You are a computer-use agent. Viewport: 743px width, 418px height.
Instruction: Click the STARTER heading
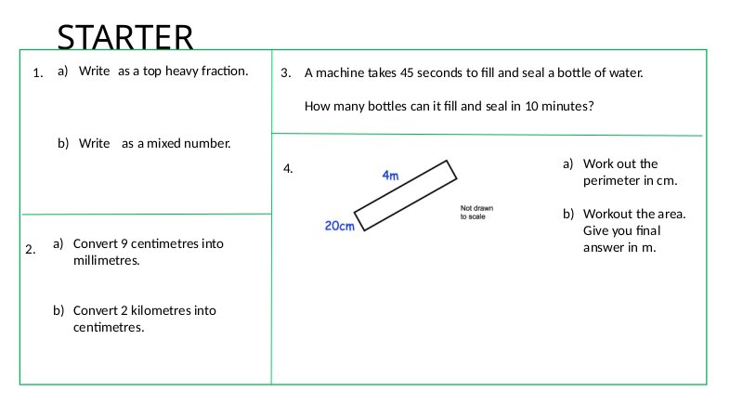click(x=125, y=36)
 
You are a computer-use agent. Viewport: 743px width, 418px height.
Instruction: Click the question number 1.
click(x=37, y=73)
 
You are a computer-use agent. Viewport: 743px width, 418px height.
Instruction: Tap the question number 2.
click(x=31, y=249)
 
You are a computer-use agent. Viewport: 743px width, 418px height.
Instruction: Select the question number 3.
click(x=286, y=73)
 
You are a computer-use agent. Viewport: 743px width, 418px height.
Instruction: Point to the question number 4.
click(x=288, y=169)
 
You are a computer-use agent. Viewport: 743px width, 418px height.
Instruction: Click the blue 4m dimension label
click(x=390, y=176)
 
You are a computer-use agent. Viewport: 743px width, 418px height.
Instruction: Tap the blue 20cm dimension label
click(x=339, y=226)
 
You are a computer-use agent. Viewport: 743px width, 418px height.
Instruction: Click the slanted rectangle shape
click(x=406, y=196)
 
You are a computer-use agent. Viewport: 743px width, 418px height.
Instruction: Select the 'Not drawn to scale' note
click(x=476, y=213)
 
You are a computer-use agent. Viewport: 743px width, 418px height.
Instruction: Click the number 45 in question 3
click(x=407, y=72)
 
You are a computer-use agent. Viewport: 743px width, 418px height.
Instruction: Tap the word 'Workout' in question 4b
click(x=606, y=214)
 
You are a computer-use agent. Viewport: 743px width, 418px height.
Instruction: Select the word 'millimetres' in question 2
click(x=106, y=260)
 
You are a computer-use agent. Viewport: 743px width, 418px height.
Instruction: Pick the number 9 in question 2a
click(x=124, y=243)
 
